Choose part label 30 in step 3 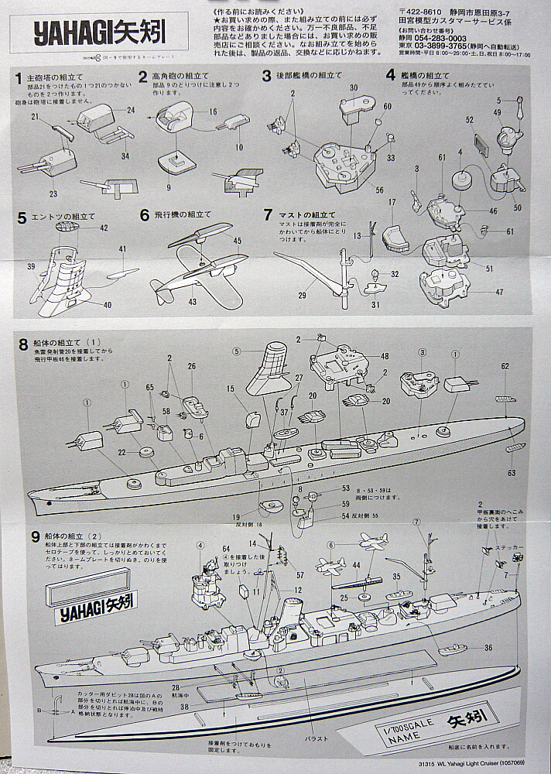[353, 88]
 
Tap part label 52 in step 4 [469, 120]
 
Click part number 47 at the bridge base [498, 292]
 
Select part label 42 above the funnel [104, 228]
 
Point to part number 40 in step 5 [107, 304]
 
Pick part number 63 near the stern [512, 472]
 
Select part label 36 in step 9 [488, 648]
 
